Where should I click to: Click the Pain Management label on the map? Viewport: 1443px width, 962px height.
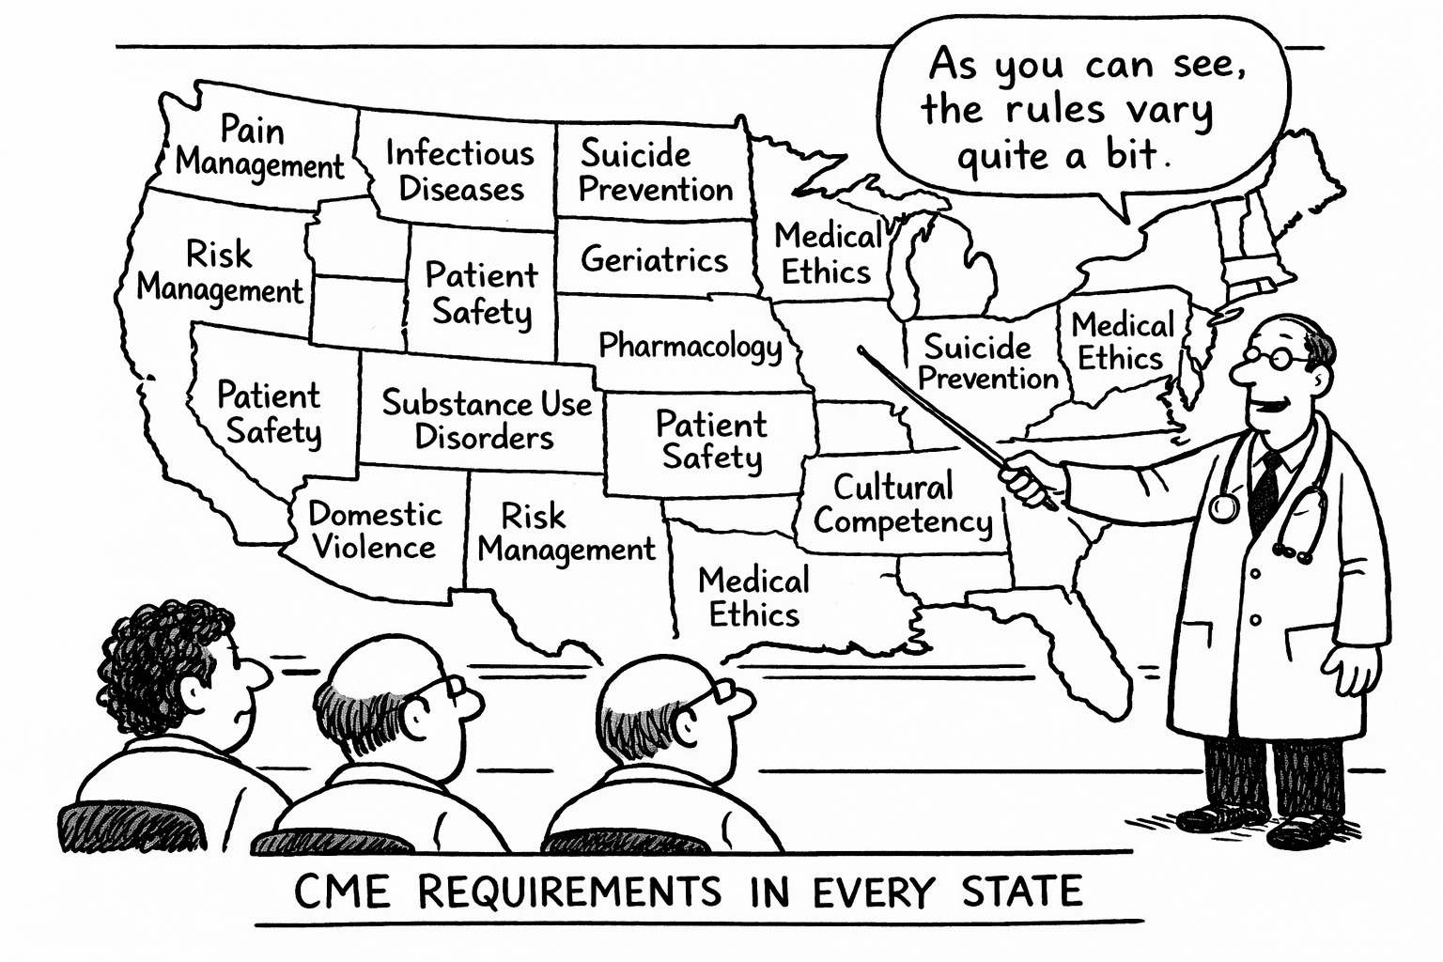[259, 147]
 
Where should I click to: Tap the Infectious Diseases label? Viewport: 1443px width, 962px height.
[460, 171]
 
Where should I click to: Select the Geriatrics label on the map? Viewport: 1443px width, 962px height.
[654, 260]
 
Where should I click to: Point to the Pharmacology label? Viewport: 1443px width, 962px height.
[690, 346]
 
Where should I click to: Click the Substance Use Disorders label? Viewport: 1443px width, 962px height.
[487, 421]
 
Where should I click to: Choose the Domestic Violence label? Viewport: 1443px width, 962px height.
[375, 531]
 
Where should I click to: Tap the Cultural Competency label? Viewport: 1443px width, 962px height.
[903, 505]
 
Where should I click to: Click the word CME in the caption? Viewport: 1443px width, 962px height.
[342, 892]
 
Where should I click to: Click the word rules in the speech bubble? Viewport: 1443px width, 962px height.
[1055, 110]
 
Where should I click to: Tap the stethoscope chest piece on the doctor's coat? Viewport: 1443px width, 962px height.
[1223, 506]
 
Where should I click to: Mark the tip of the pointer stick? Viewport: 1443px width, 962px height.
[860, 349]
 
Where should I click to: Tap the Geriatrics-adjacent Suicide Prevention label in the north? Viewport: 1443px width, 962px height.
[655, 171]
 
